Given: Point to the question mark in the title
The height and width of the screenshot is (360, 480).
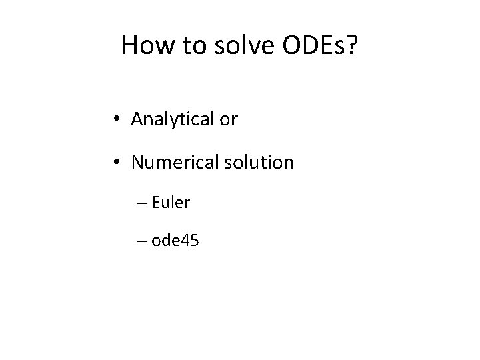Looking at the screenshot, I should click(352, 45).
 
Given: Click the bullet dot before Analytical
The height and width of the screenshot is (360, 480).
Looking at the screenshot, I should click(117, 120).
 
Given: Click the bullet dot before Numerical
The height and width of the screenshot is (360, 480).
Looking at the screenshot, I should click(117, 162).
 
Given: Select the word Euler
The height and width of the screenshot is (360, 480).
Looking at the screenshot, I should click(171, 202).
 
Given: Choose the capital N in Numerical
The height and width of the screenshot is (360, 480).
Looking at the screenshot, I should click(138, 162).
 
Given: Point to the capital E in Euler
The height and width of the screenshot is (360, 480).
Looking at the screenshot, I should click(156, 202).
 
